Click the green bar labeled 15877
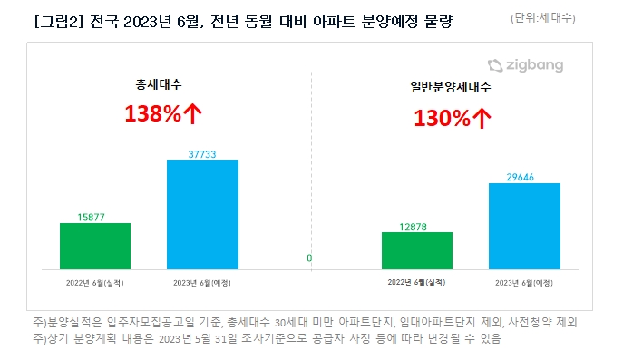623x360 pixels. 95,246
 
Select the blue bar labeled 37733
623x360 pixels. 202,214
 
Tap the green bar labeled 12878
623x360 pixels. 416,250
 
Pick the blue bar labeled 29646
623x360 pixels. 524,226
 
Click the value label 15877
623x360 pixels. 95,216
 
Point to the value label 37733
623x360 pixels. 202,153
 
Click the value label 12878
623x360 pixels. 416,226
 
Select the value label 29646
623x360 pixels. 524,177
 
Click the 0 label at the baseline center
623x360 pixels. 309,258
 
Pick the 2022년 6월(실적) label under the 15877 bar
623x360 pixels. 95,283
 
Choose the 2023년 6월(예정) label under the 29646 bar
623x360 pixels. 524,283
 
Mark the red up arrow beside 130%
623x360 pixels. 483,118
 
